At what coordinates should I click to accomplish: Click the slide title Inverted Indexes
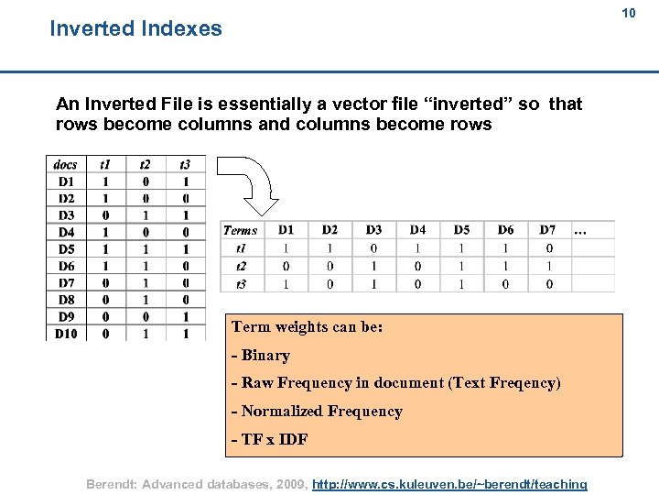pyautogui.click(x=135, y=28)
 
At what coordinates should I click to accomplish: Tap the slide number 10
pyautogui.click(x=629, y=13)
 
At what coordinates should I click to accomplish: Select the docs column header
pyautogui.click(x=66, y=165)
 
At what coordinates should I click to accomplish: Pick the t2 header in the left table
pyautogui.click(x=145, y=165)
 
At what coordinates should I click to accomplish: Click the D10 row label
pyautogui.click(x=66, y=334)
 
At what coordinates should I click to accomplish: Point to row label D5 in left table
pyautogui.click(x=66, y=249)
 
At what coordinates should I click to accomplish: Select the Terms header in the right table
pyautogui.click(x=241, y=230)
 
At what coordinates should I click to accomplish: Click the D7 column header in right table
pyautogui.click(x=547, y=229)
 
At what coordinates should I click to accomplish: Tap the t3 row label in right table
pyautogui.click(x=241, y=284)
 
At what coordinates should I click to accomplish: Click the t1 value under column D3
pyautogui.click(x=373, y=247)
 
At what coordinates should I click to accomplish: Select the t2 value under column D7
pyautogui.click(x=547, y=266)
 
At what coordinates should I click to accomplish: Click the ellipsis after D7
pyautogui.click(x=579, y=230)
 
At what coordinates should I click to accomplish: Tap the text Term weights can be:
pyautogui.click(x=307, y=327)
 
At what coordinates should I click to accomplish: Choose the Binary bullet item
pyautogui.click(x=261, y=356)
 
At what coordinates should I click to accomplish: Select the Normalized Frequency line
pyautogui.click(x=317, y=412)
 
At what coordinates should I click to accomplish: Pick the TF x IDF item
pyautogui.click(x=270, y=439)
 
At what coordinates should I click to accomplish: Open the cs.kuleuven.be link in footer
pyautogui.click(x=449, y=483)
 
